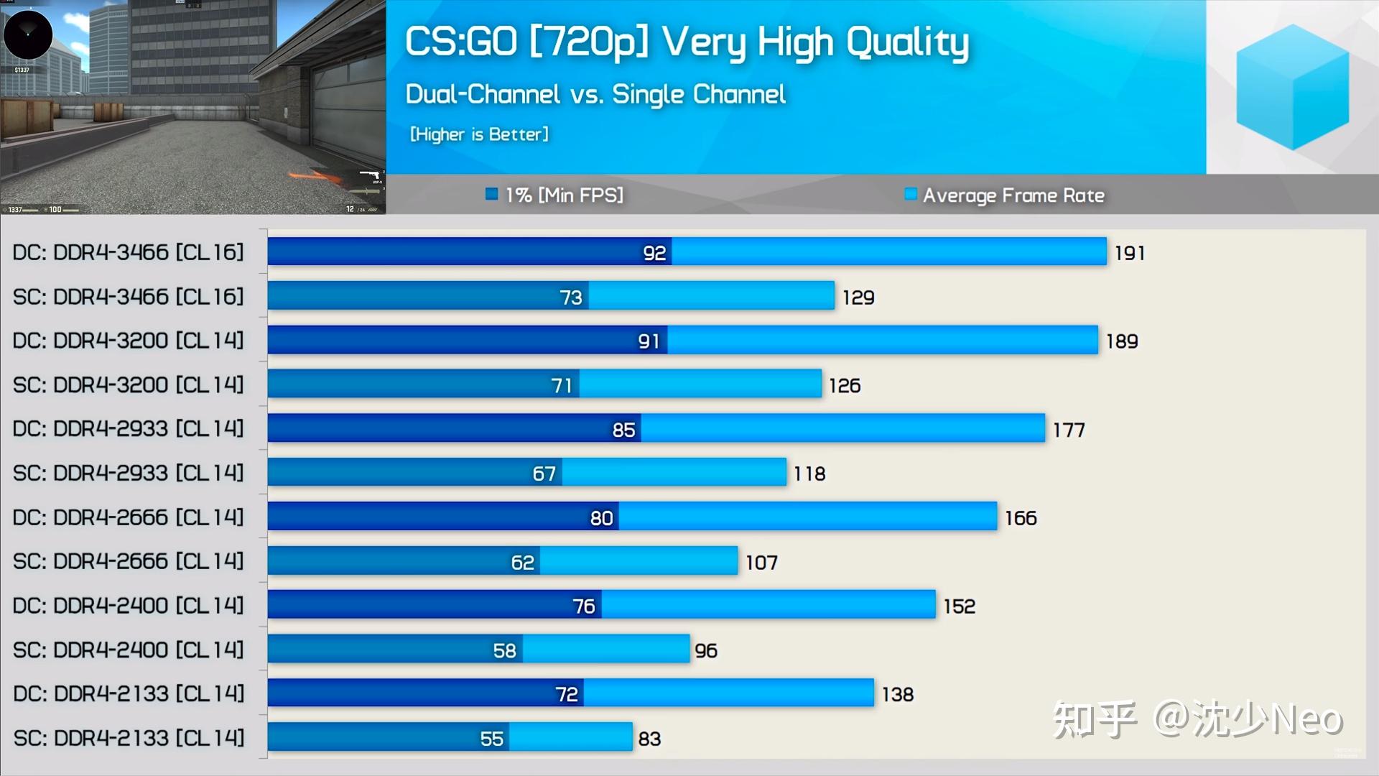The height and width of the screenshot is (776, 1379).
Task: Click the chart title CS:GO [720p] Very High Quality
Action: click(x=687, y=42)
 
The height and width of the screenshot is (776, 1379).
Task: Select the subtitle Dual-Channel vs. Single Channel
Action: click(x=595, y=94)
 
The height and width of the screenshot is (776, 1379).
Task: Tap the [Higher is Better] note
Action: click(x=479, y=134)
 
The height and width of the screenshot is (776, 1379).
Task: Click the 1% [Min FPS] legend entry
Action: click(x=554, y=195)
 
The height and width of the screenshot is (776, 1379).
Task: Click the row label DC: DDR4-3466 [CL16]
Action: click(x=129, y=252)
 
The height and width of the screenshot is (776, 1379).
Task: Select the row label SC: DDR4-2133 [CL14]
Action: click(x=129, y=738)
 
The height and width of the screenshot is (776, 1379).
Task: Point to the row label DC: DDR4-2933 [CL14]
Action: click(x=129, y=429)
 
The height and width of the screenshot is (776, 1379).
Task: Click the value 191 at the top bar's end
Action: click(x=1130, y=253)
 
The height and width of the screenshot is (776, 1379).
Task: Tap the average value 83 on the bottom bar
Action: click(x=649, y=739)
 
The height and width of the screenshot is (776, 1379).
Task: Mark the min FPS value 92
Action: click(x=654, y=253)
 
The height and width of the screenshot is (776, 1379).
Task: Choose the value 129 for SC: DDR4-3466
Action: click(x=858, y=297)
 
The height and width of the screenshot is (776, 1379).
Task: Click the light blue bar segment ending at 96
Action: click(x=606, y=650)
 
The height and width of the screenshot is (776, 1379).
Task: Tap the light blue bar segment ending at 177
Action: click(x=842, y=428)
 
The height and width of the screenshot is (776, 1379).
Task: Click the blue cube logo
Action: click(x=1292, y=86)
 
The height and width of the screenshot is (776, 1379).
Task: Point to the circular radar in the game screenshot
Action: click(x=28, y=34)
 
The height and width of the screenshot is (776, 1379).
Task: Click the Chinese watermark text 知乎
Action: click(x=1094, y=719)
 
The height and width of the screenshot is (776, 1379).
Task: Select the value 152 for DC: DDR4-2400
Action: click(x=960, y=606)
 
